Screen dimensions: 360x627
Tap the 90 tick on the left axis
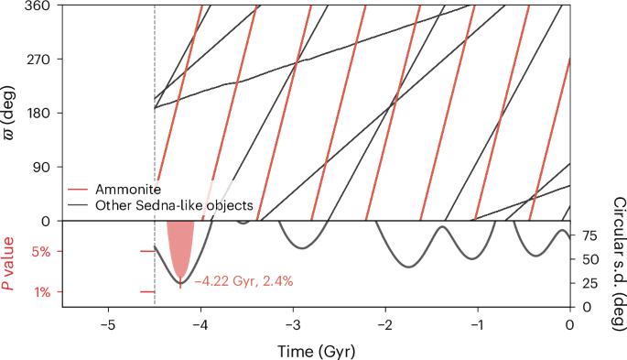(x=41, y=168)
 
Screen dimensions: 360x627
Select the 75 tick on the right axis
(x=590, y=235)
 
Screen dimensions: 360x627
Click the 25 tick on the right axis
(x=590, y=283)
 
